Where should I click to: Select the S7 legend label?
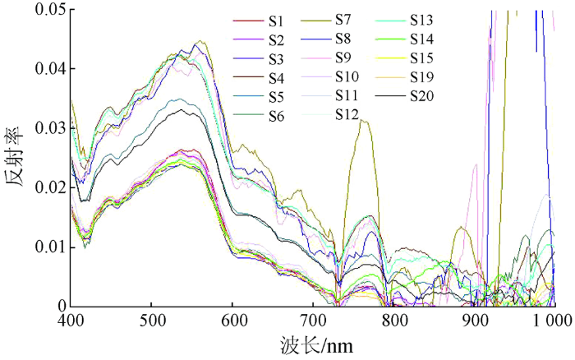click(347, 18)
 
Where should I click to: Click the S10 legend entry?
click(347, 76)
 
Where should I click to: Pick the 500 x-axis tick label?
click(152, 318)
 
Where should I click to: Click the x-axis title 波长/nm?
click(315, 344)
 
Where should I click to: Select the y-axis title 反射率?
click(16, 174)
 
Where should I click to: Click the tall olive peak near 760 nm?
click(362, 121)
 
